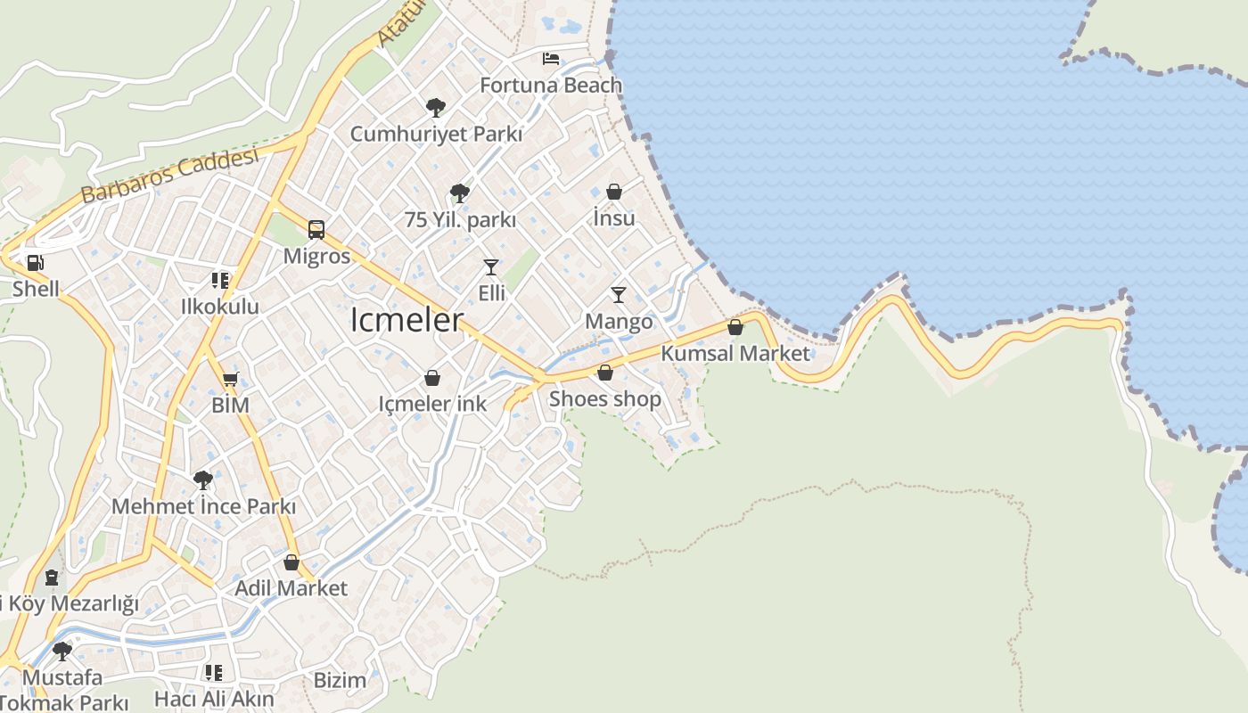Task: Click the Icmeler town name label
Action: coord(406,320)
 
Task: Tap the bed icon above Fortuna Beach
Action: coord(551,59)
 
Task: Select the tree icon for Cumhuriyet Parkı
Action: coord(435,108)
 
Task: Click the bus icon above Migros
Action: coord(316,229)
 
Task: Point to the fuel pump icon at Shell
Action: coord(36,262)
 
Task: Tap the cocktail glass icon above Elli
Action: coord(490,266)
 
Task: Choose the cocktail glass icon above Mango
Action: coord(618,294)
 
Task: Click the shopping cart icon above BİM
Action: coord(231,380)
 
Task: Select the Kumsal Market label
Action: coord(735,353)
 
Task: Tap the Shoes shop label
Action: coord(604,398)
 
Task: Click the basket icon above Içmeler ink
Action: coord(432,378)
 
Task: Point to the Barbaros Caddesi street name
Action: coord(169,175)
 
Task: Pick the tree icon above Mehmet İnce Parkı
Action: coord(203,480)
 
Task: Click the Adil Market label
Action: coord(291,588)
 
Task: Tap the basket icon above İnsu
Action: coord(613,192)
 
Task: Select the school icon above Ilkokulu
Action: coord(219,281)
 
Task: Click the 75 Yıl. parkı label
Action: coord(460,219)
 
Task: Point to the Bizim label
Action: coord(340,680)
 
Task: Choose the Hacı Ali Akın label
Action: coord(214,699)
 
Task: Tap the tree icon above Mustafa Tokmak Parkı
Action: coord(62,651)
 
